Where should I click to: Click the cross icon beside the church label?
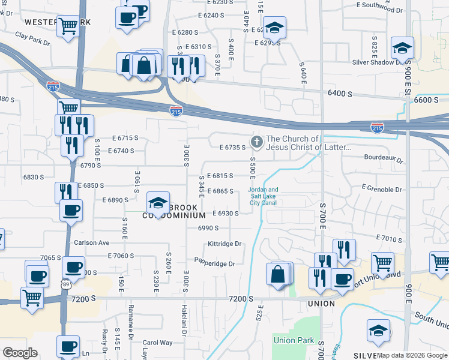[257, 142]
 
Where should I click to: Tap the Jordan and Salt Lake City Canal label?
[263, 196]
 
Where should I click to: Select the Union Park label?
[294, 340]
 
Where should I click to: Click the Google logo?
[20, 353]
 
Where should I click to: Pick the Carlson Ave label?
[92, 243]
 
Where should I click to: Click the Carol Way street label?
[157, 343]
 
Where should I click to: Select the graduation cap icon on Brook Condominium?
[158, 203]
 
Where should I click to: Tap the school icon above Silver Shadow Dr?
[402, 47]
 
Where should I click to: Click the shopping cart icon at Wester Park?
[68, 26]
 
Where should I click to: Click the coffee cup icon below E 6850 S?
[71, 210]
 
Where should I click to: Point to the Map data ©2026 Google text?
[412, 355]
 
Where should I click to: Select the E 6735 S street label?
[233, 147]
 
